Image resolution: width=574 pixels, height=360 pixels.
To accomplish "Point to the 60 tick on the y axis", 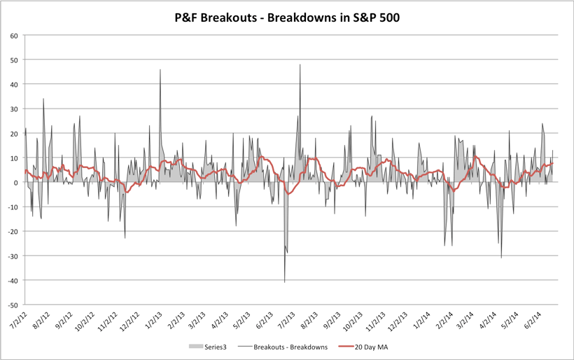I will point(14,35).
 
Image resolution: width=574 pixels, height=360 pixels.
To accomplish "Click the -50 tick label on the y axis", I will point(13,305).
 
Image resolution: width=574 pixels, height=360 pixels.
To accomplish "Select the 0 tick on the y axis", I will point(16,182).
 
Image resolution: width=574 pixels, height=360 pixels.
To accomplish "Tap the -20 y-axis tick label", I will point(13,231).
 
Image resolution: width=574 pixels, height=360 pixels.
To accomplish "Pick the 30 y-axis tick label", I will point(14,109).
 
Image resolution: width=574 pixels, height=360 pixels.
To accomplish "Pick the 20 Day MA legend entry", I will point(373,346).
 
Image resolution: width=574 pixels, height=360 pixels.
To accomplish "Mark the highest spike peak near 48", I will point(300,65).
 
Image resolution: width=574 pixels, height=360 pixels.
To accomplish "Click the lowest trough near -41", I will point(284,282).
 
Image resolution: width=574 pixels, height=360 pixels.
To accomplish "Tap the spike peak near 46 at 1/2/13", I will point(160,70).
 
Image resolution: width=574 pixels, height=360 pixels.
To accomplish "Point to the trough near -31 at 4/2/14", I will point(501,258).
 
